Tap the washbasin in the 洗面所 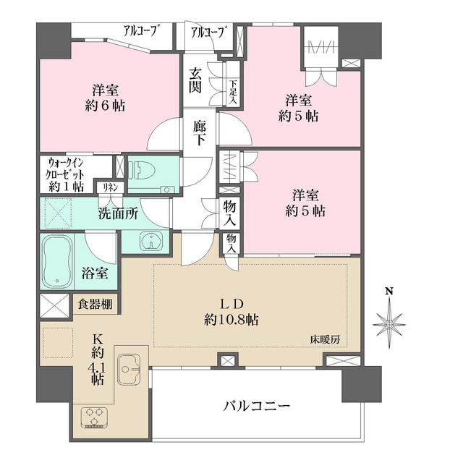150,241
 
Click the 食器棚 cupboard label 95,304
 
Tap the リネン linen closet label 111,187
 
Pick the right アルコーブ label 207,31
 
